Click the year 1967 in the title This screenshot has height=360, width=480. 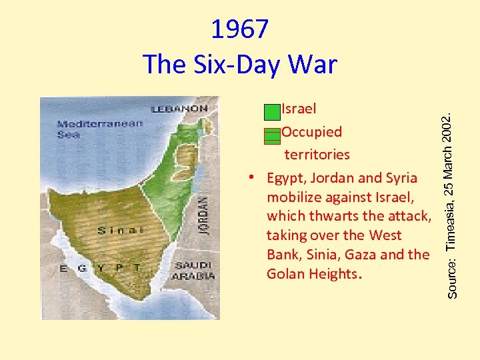240,29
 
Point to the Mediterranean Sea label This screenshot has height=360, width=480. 100,129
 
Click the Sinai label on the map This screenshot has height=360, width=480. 121,231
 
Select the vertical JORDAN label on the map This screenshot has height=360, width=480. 203,213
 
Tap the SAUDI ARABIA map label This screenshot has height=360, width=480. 194,270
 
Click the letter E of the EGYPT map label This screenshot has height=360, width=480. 64,268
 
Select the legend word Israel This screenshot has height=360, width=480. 299,108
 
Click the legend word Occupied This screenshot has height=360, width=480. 311,132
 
